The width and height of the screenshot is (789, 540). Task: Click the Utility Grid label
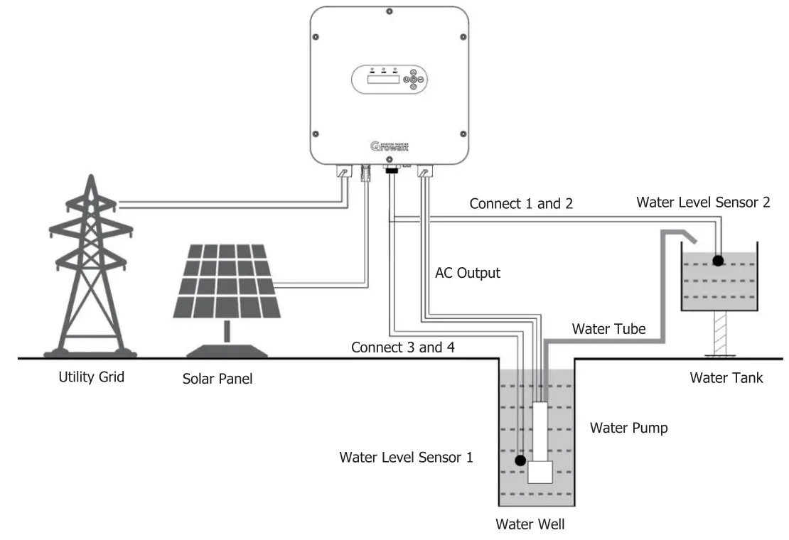[91, 377]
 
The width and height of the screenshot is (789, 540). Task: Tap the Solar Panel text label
[218, 379]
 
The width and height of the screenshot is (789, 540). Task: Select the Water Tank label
[726, 377]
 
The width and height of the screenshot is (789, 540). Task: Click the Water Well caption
[530, 524]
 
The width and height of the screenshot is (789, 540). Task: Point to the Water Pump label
[628, 428]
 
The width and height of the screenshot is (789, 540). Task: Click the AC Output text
[467, 273]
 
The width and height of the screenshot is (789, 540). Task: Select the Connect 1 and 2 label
[521, 203]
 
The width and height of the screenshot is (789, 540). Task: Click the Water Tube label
[608, 328]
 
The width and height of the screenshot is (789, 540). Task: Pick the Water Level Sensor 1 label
[406, 457]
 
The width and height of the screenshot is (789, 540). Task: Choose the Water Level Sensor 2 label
[703, 202]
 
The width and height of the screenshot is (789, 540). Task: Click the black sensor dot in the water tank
[718, 260]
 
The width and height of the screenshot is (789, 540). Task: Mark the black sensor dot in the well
[522, 459]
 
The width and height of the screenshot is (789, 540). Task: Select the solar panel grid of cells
[227, 281]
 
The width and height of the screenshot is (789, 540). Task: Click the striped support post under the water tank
[719, 333]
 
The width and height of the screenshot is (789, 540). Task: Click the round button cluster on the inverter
[413, 80]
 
